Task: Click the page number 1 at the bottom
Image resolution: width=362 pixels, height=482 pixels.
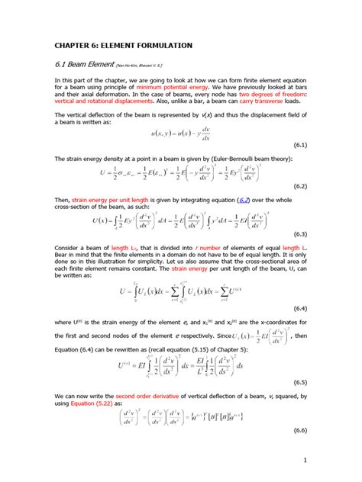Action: click(x=305, y=460)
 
